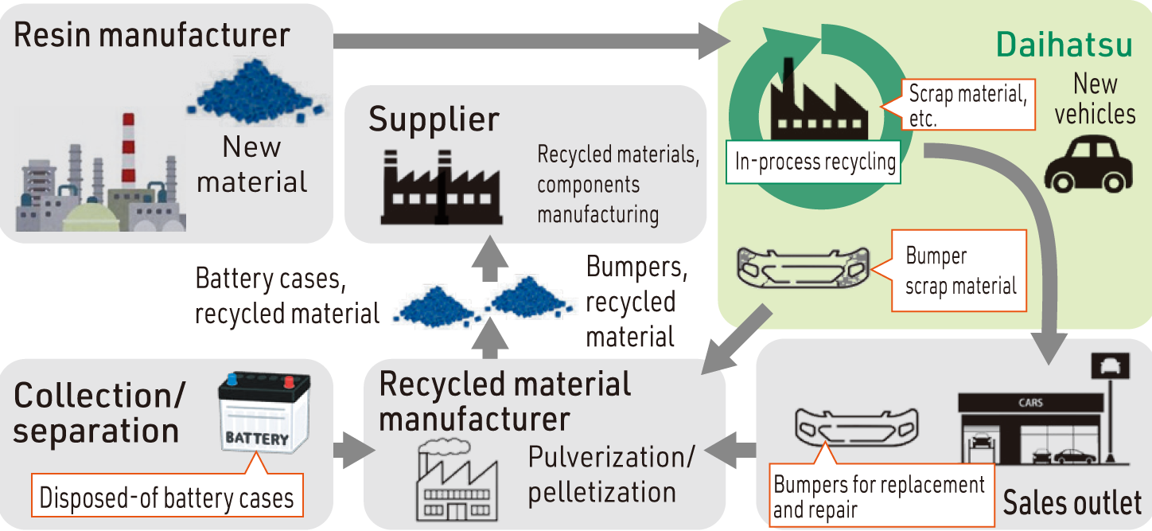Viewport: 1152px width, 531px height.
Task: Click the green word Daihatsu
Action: [x=1064, y=46]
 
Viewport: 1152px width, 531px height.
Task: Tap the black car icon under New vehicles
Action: [x=1088, y=164]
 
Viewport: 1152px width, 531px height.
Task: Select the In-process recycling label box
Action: [x=815, y=162]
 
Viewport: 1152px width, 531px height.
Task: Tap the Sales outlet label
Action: [x=1072, y=503]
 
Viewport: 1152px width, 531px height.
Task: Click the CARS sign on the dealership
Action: [x=1031, y=403]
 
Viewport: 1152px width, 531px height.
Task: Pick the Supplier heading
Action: [x=434, y=119]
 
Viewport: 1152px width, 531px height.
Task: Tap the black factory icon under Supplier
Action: [x=442, y=187]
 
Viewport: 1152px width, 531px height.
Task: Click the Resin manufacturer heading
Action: [x=152, y=35]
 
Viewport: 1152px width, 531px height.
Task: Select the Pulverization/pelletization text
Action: [x=610, y=474]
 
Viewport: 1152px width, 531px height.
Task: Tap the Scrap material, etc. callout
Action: [x=966, y=105]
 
